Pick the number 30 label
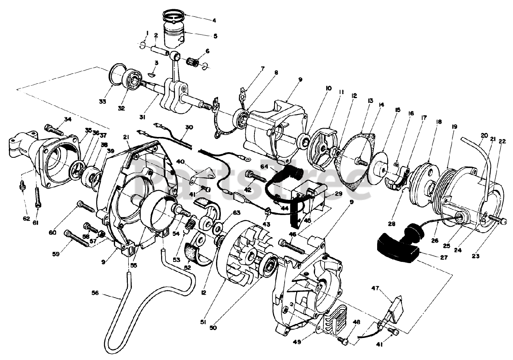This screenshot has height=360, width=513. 189,127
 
